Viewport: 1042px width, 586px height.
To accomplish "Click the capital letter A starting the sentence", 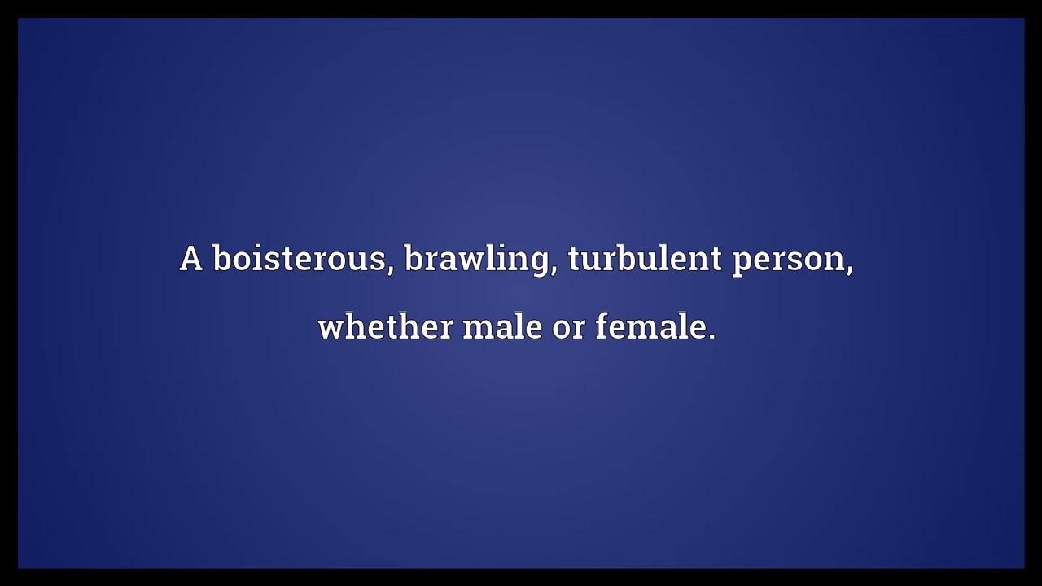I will pyautogui.click(x=190, y=260).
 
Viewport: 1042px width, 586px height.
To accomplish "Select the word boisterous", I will pyautogui.click(x=300, y=260).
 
